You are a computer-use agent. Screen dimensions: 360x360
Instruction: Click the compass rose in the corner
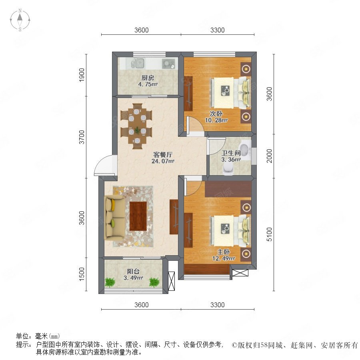coord(20,20)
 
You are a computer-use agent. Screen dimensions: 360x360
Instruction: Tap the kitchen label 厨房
coord(148,78)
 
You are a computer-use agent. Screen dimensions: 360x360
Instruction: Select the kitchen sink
coord(138,63)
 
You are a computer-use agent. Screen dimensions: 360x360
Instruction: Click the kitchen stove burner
coord(168,64)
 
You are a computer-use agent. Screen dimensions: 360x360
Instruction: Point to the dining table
coord(137,126)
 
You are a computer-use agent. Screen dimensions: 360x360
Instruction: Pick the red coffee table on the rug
coord(138,216)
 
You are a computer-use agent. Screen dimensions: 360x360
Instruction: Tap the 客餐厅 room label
coord(163,154)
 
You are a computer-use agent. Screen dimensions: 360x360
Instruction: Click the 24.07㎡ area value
coord(163,161)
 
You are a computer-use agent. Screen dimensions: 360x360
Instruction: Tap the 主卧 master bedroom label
coord(224,252)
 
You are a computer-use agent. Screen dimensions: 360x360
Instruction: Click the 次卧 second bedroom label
coord(216,114)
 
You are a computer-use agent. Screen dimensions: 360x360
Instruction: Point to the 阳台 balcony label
coord(133,271)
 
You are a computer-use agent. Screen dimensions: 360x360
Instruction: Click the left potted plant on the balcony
coord(110,282)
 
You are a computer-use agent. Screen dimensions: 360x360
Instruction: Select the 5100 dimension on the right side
coord(269,234)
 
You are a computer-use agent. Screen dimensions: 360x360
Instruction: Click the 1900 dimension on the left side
coord(82,75)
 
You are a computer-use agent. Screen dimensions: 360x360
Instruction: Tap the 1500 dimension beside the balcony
coord(82,274)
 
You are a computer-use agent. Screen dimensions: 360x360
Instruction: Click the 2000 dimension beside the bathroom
coord(269,156)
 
